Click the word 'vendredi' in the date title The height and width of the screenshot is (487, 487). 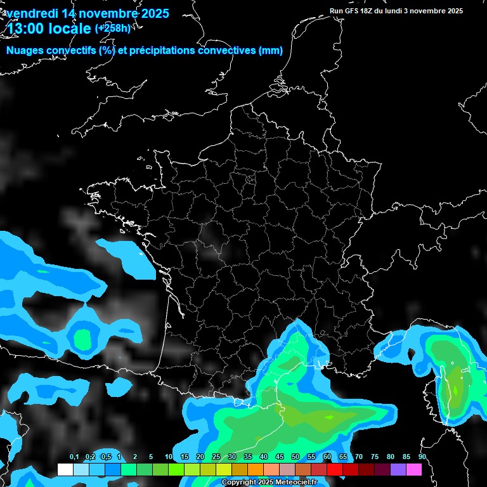[31, 13]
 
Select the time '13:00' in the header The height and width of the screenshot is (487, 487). [27, 29]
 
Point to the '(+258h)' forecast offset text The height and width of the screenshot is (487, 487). [112, 28]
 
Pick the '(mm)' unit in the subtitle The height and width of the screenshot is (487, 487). [271, 51]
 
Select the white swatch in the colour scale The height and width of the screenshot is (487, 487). [65, 469]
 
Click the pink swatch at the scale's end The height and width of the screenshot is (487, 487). [414, 469]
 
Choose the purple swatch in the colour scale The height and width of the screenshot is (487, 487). [398, 469]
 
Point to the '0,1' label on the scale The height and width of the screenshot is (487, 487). [74, 457]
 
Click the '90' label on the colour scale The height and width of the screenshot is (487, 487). [422, 457]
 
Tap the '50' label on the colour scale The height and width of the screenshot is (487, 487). [295, 457]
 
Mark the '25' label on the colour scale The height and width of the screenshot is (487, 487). [216, 457]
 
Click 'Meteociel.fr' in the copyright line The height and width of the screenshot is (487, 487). [296, 483]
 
